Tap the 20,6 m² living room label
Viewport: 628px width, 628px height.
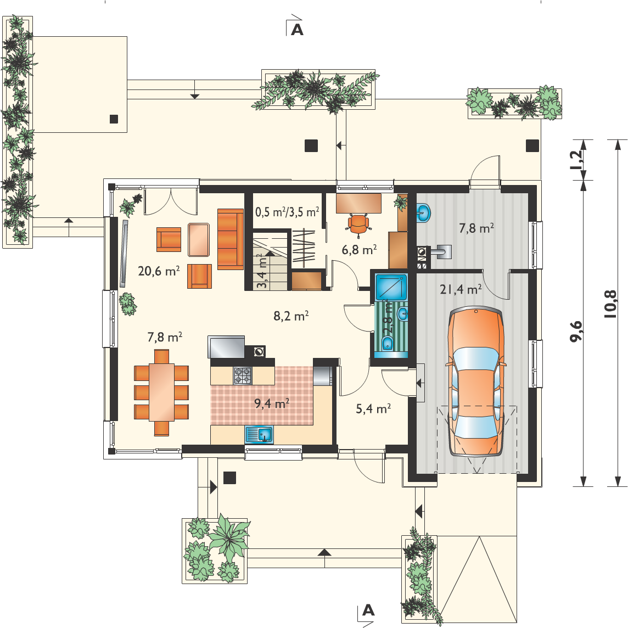(159, 271)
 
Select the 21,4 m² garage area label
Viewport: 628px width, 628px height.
(461, 289)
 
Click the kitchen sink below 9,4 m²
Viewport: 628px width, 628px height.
(259, 435)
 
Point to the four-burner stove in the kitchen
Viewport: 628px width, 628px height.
(243, 375)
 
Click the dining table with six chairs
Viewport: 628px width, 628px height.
(161, 392)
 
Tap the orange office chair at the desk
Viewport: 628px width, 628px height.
(358, 224)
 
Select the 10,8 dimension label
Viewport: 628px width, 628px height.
(610, 304)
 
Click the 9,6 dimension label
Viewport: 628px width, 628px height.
(576, 331)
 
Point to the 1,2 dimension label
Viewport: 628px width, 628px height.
(577, 160)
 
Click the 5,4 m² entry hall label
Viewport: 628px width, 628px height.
(373, 408)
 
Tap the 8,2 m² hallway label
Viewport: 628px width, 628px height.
(291, 316)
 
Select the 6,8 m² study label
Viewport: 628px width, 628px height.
(359, 250)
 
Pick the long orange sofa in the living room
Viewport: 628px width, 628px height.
(231, 239)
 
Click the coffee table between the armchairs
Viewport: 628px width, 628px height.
(199, 239)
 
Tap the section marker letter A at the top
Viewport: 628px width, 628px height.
(297, 30)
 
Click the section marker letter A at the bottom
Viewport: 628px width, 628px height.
(368, 610)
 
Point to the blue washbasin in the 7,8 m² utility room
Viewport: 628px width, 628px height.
(423, 212)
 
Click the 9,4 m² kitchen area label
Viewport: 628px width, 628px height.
(272, 403)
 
